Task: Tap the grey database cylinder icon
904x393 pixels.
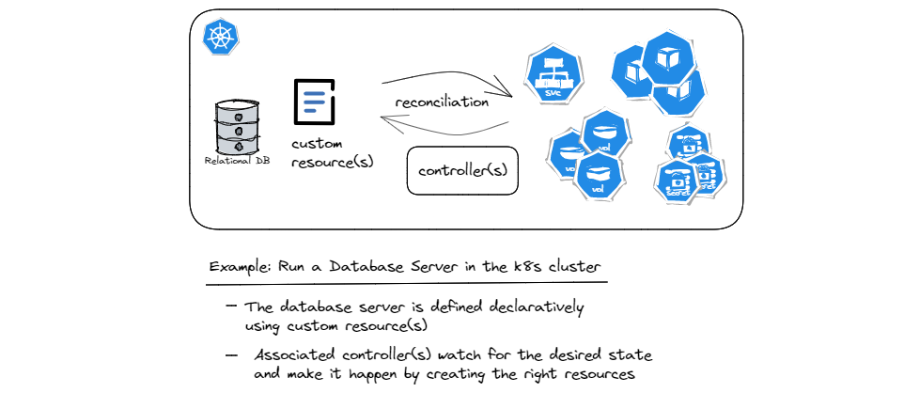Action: coord(238,127)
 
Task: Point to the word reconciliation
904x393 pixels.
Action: coord(441,101)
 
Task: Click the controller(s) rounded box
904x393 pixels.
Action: coord(462,170)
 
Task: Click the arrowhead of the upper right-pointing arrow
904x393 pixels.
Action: coord(507,93)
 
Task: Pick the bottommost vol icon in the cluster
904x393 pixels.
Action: coord(596,176)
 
